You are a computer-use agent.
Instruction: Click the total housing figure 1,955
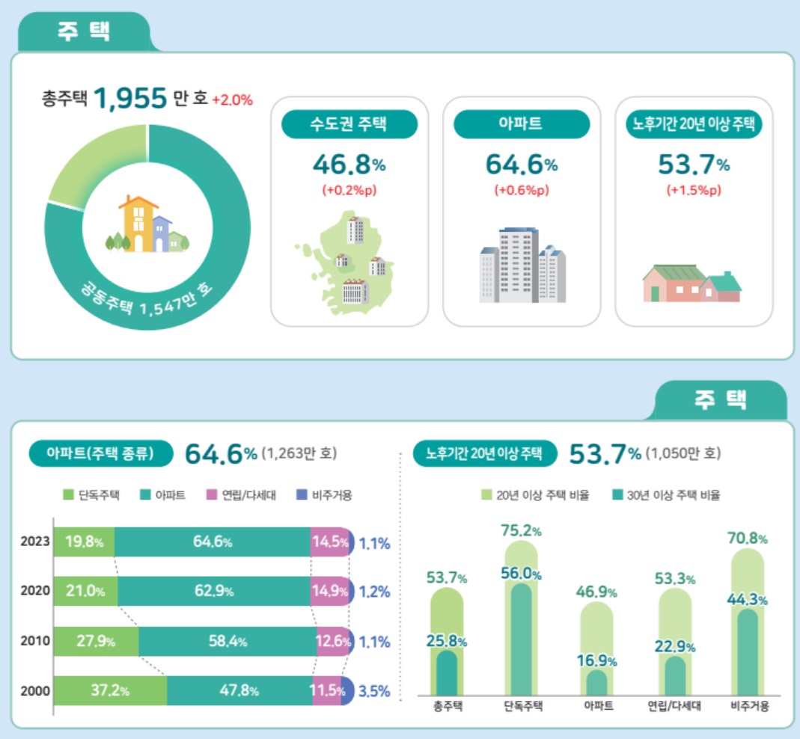point(129,98)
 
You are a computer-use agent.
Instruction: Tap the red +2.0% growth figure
point(233,99)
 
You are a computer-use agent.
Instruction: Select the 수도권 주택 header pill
point(349,124)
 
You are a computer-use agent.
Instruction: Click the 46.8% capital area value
point(349,163)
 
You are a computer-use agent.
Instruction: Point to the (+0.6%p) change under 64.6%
point(522,190)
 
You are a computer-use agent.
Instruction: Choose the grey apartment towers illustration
point(522,266)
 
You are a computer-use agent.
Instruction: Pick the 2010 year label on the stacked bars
point(36,641)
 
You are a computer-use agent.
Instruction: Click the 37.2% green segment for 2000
point(109,690)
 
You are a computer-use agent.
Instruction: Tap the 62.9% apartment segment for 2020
point(213,591)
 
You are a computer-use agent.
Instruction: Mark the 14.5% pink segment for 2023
point(329,542)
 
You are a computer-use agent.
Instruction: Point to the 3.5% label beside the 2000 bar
point(374,691)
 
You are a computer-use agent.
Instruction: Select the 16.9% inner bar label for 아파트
point(597,661)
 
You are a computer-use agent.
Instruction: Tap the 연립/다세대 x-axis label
point(674,706)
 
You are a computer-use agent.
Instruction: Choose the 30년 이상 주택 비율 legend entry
point(665,495)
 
